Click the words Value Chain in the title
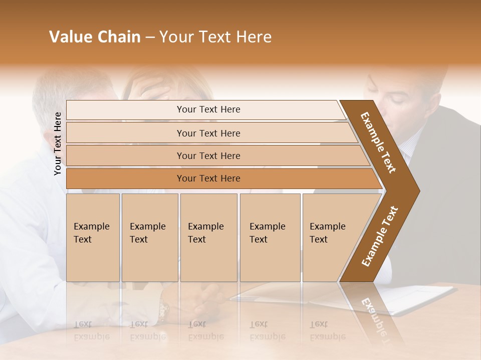95,37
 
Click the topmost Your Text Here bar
208,109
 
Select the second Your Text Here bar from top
208,133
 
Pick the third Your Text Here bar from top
208,155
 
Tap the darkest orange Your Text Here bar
208,178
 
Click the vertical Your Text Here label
58,143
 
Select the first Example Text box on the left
93,237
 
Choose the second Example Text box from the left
149,237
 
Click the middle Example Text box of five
208,237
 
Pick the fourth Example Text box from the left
270,237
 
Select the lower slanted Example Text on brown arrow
380,236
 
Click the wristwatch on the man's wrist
163,309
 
